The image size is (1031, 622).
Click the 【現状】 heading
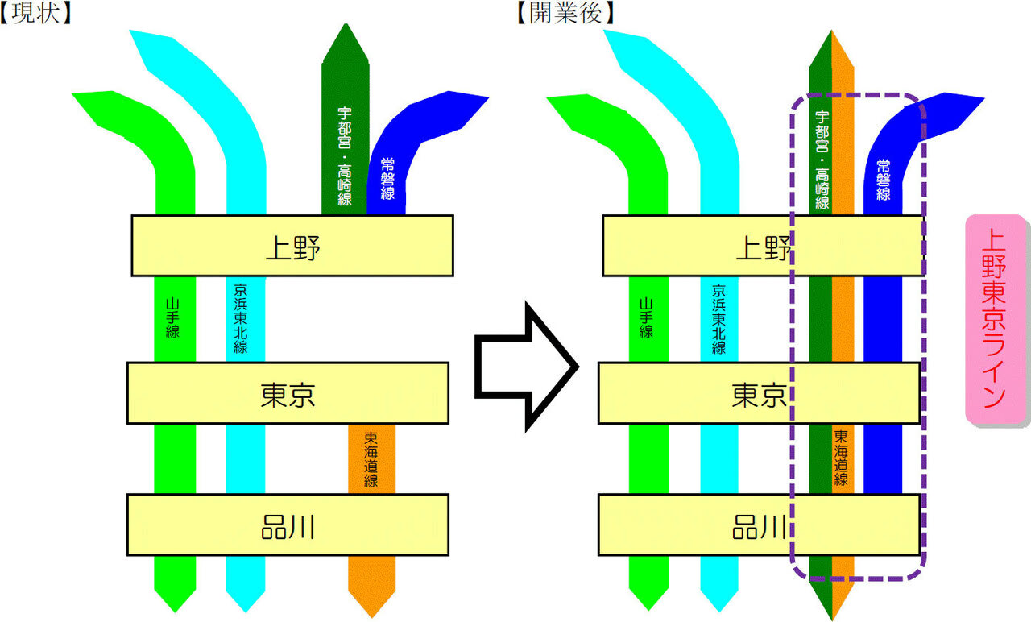37,12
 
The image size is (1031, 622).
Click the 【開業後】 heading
567,12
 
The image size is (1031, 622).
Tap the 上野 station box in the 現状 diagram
292,246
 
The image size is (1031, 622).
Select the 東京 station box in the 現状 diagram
288,393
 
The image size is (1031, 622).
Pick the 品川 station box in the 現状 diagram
288,525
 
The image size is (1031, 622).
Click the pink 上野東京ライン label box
996,319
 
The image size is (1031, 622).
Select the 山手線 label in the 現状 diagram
172,317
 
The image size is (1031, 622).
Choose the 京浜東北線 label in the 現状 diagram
241,318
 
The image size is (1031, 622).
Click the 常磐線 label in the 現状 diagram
387,180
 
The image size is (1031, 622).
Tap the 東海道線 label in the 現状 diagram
371,459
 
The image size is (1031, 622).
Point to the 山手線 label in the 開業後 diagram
646,317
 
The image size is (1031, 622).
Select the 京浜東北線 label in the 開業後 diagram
718,318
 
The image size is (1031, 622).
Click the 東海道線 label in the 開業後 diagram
842,458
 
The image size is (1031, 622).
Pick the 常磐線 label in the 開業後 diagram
884,180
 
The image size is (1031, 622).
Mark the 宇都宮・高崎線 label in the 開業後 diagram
822,160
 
